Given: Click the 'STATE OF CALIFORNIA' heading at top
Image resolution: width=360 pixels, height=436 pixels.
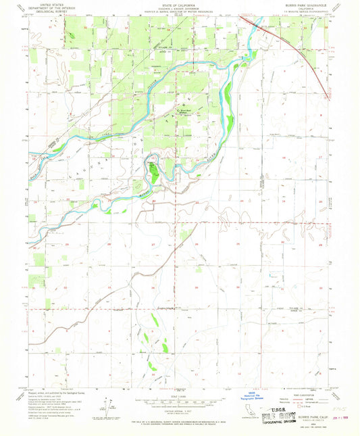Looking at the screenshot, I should (x=180, y=5).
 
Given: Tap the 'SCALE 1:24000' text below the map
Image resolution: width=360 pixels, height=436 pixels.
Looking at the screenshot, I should (x=180, y=395).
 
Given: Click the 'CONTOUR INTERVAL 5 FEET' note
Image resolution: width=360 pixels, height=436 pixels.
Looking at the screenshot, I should (x=180, y=410).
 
